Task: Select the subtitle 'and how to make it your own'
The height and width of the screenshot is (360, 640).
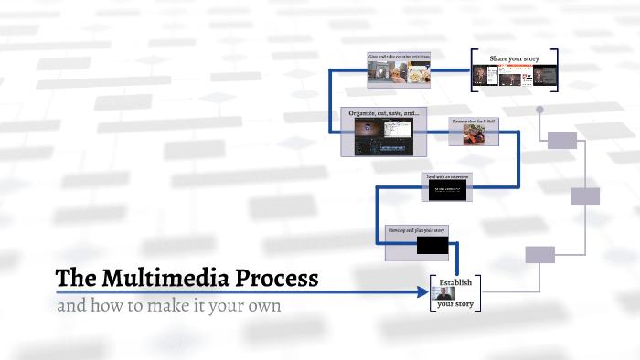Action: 169,305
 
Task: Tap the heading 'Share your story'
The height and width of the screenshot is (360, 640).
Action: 514,58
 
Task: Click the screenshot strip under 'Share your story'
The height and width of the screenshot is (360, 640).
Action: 514,77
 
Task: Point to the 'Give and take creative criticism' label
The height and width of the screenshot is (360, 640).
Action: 399,57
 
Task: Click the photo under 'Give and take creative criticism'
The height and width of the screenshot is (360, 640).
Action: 400,76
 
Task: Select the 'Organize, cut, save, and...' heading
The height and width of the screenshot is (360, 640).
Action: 384,112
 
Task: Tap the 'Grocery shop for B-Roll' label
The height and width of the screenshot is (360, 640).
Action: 474,121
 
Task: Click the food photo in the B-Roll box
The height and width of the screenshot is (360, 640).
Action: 474,135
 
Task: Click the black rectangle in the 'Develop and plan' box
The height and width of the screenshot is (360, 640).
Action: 431,245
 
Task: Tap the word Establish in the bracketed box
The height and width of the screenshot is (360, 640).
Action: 454,282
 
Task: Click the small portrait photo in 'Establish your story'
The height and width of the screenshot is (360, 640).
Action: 438,294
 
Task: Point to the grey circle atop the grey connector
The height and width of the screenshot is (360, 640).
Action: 539,110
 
